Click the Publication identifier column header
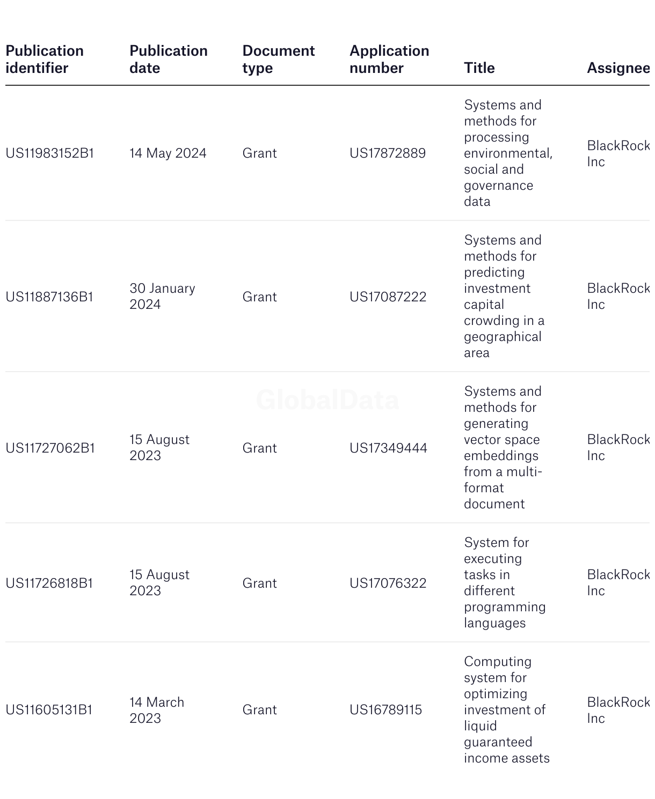(x=45, y=60)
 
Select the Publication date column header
(x=168, y=60)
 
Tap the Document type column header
(x=278, y=60)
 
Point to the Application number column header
(x=389, y=60)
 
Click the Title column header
(x=479, y=68)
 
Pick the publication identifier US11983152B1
(x=50, y=153)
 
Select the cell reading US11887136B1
(x=49, y=297)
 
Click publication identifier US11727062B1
(x=50, y=448)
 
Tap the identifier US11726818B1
(x=49, y=583)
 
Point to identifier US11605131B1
(x=49, y=710)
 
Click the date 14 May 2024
(x=168, y=153)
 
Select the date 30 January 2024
(x=162, y=297)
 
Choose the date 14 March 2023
(x=157, y=710)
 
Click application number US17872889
(x=388, y=153)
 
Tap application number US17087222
(x=388, y=297)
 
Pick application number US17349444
(x=388, y=448)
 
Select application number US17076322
(x=388, y=583)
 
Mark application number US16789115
(x=385, y=710)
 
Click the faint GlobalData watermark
(x=327, y=400)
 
